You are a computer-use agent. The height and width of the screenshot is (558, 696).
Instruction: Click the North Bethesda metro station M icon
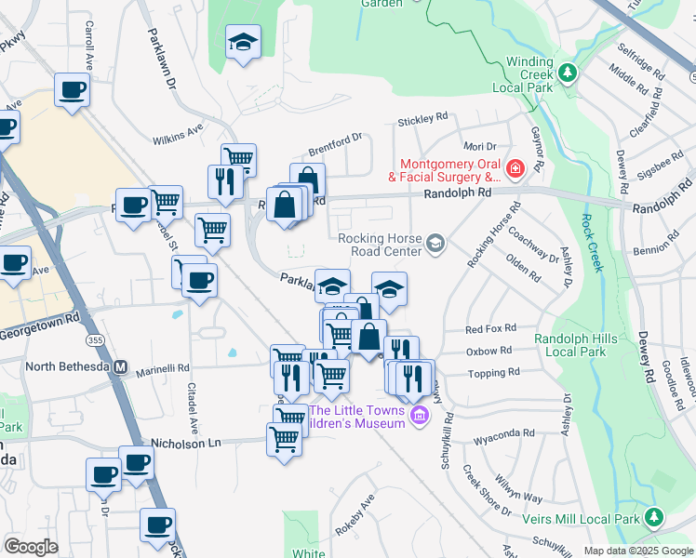coord(120,366)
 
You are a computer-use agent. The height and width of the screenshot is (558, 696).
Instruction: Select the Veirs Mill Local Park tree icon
coord(655,517)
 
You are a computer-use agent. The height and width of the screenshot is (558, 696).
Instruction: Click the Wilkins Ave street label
coord(178,135)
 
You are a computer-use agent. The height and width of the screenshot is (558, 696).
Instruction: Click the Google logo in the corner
coord(31,547)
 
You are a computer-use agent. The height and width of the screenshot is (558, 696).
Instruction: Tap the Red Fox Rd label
coord(489,330)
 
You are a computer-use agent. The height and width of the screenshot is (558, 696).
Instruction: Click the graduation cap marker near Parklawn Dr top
coord(243,42)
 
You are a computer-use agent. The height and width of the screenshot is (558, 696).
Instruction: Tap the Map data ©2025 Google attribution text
coord(637,551)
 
